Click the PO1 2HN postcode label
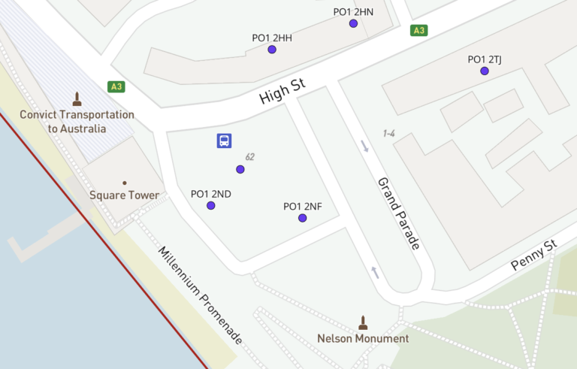pos(353,11)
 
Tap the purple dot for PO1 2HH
pos(272,50)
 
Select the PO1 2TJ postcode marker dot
pos(485,71)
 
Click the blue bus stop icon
pos(224,141)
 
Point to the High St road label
pos(282,92)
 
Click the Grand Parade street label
pos(399,213)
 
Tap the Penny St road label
pos(533,256)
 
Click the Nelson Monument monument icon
pos(364,322)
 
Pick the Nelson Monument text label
pos(364,338)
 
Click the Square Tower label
pos(125,195)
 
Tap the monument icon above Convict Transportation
pos(77,98)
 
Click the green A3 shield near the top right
pos(418,31)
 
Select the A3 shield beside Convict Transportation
pos(116,86)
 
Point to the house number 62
pos(250,157)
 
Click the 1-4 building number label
pos(388,134)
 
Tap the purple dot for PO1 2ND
pos(211,205)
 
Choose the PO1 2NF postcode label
pos(303,206)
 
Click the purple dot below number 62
pos(240,169)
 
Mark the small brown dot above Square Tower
pos(125,183)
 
